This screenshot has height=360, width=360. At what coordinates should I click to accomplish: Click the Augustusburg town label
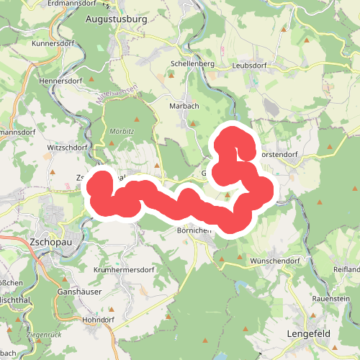click(x=115, y=19)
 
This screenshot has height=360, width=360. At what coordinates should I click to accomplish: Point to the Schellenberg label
click(x=192, y=63)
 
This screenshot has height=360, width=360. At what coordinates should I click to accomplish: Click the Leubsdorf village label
click(x=251, y=65)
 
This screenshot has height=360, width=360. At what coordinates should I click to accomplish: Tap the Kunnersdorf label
click(x=53, y=43)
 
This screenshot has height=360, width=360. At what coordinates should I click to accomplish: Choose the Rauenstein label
click(x=331, y=297)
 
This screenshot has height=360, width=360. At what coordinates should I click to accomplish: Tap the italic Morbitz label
click(x=123, y=132)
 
